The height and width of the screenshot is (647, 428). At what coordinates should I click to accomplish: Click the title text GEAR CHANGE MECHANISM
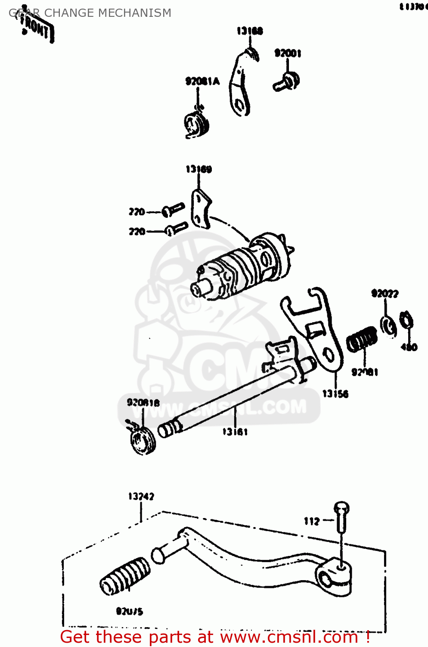click(90, 13)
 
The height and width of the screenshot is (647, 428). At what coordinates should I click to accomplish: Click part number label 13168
click(249, 31)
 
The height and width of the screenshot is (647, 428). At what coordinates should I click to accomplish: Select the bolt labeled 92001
click(287, 82)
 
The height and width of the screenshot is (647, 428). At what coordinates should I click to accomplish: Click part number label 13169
click(198, 169)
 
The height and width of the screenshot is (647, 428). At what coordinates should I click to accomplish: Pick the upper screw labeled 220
click(173, 210)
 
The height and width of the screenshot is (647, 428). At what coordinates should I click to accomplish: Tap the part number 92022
click(385, 294)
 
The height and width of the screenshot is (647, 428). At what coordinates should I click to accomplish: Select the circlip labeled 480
click(406, 321)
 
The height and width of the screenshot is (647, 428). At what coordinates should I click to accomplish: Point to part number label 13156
click(335, 393)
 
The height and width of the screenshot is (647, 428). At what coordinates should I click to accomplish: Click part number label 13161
click(235, 431)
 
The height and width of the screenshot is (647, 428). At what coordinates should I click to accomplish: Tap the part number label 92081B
click(143, 402)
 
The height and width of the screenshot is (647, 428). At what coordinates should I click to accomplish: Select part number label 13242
click(141, 496)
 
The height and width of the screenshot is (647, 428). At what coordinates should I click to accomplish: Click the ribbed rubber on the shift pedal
click(125, 576)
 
